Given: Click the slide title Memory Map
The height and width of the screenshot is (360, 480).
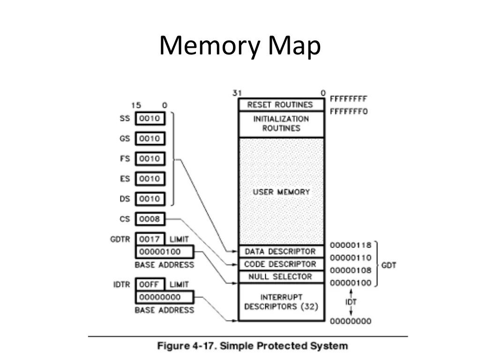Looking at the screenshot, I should (x=240, y=47).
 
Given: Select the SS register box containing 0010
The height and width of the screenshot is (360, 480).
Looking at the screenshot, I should (x=150, y=119).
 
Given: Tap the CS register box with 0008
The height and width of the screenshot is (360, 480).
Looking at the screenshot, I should (x=150, y=218).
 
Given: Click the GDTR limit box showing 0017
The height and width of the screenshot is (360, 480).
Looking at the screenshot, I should (x=150, y=239).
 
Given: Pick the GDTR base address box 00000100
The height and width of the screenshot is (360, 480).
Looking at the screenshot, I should (x=164, y=252).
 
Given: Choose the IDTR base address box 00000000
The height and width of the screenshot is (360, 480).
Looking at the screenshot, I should (x=164, y=297).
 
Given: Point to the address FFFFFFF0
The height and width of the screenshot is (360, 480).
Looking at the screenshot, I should (x=348, y=112).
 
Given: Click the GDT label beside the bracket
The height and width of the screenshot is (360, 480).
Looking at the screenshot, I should (x=389, y=265).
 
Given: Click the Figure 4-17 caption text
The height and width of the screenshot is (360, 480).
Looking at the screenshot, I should (x=253, y=346).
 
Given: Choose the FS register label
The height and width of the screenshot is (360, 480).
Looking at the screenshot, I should (x=124, y=158).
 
